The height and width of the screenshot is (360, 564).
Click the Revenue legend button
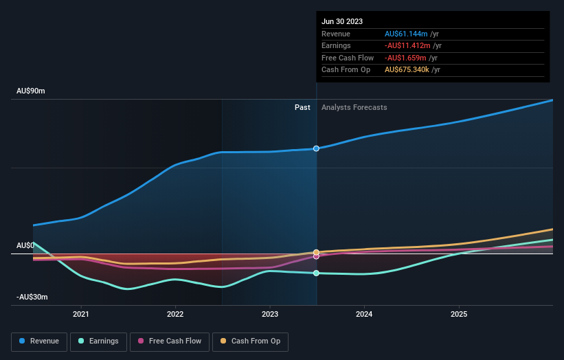click(40, 341)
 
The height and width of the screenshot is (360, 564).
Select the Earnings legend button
click(98, 341)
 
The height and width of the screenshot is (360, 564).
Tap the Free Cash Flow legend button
click(170, 341)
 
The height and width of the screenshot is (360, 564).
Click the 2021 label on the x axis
click(81, 315)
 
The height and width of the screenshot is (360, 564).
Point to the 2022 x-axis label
click(175, 315)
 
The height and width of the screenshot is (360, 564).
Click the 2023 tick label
click(270, 315)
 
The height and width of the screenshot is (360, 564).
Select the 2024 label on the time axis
click(364, 315)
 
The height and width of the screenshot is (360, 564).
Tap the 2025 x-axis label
click(459, 315)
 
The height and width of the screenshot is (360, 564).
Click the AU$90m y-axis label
click(31, 91)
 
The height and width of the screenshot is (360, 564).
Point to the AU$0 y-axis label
click(25, 245)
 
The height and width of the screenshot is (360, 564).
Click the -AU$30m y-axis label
click(33, 297)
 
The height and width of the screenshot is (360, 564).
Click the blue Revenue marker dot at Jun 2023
click(316, 148)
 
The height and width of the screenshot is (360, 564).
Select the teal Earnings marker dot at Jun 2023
click(316, 273)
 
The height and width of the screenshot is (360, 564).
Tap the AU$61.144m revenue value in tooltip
click(406, 34)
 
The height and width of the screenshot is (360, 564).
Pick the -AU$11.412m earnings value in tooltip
click(407, 45)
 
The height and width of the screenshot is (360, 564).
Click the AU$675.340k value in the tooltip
click(406, 70)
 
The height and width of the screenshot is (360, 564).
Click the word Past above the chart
click(302, 107)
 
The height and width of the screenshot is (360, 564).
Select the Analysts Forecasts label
click(354, 107)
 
